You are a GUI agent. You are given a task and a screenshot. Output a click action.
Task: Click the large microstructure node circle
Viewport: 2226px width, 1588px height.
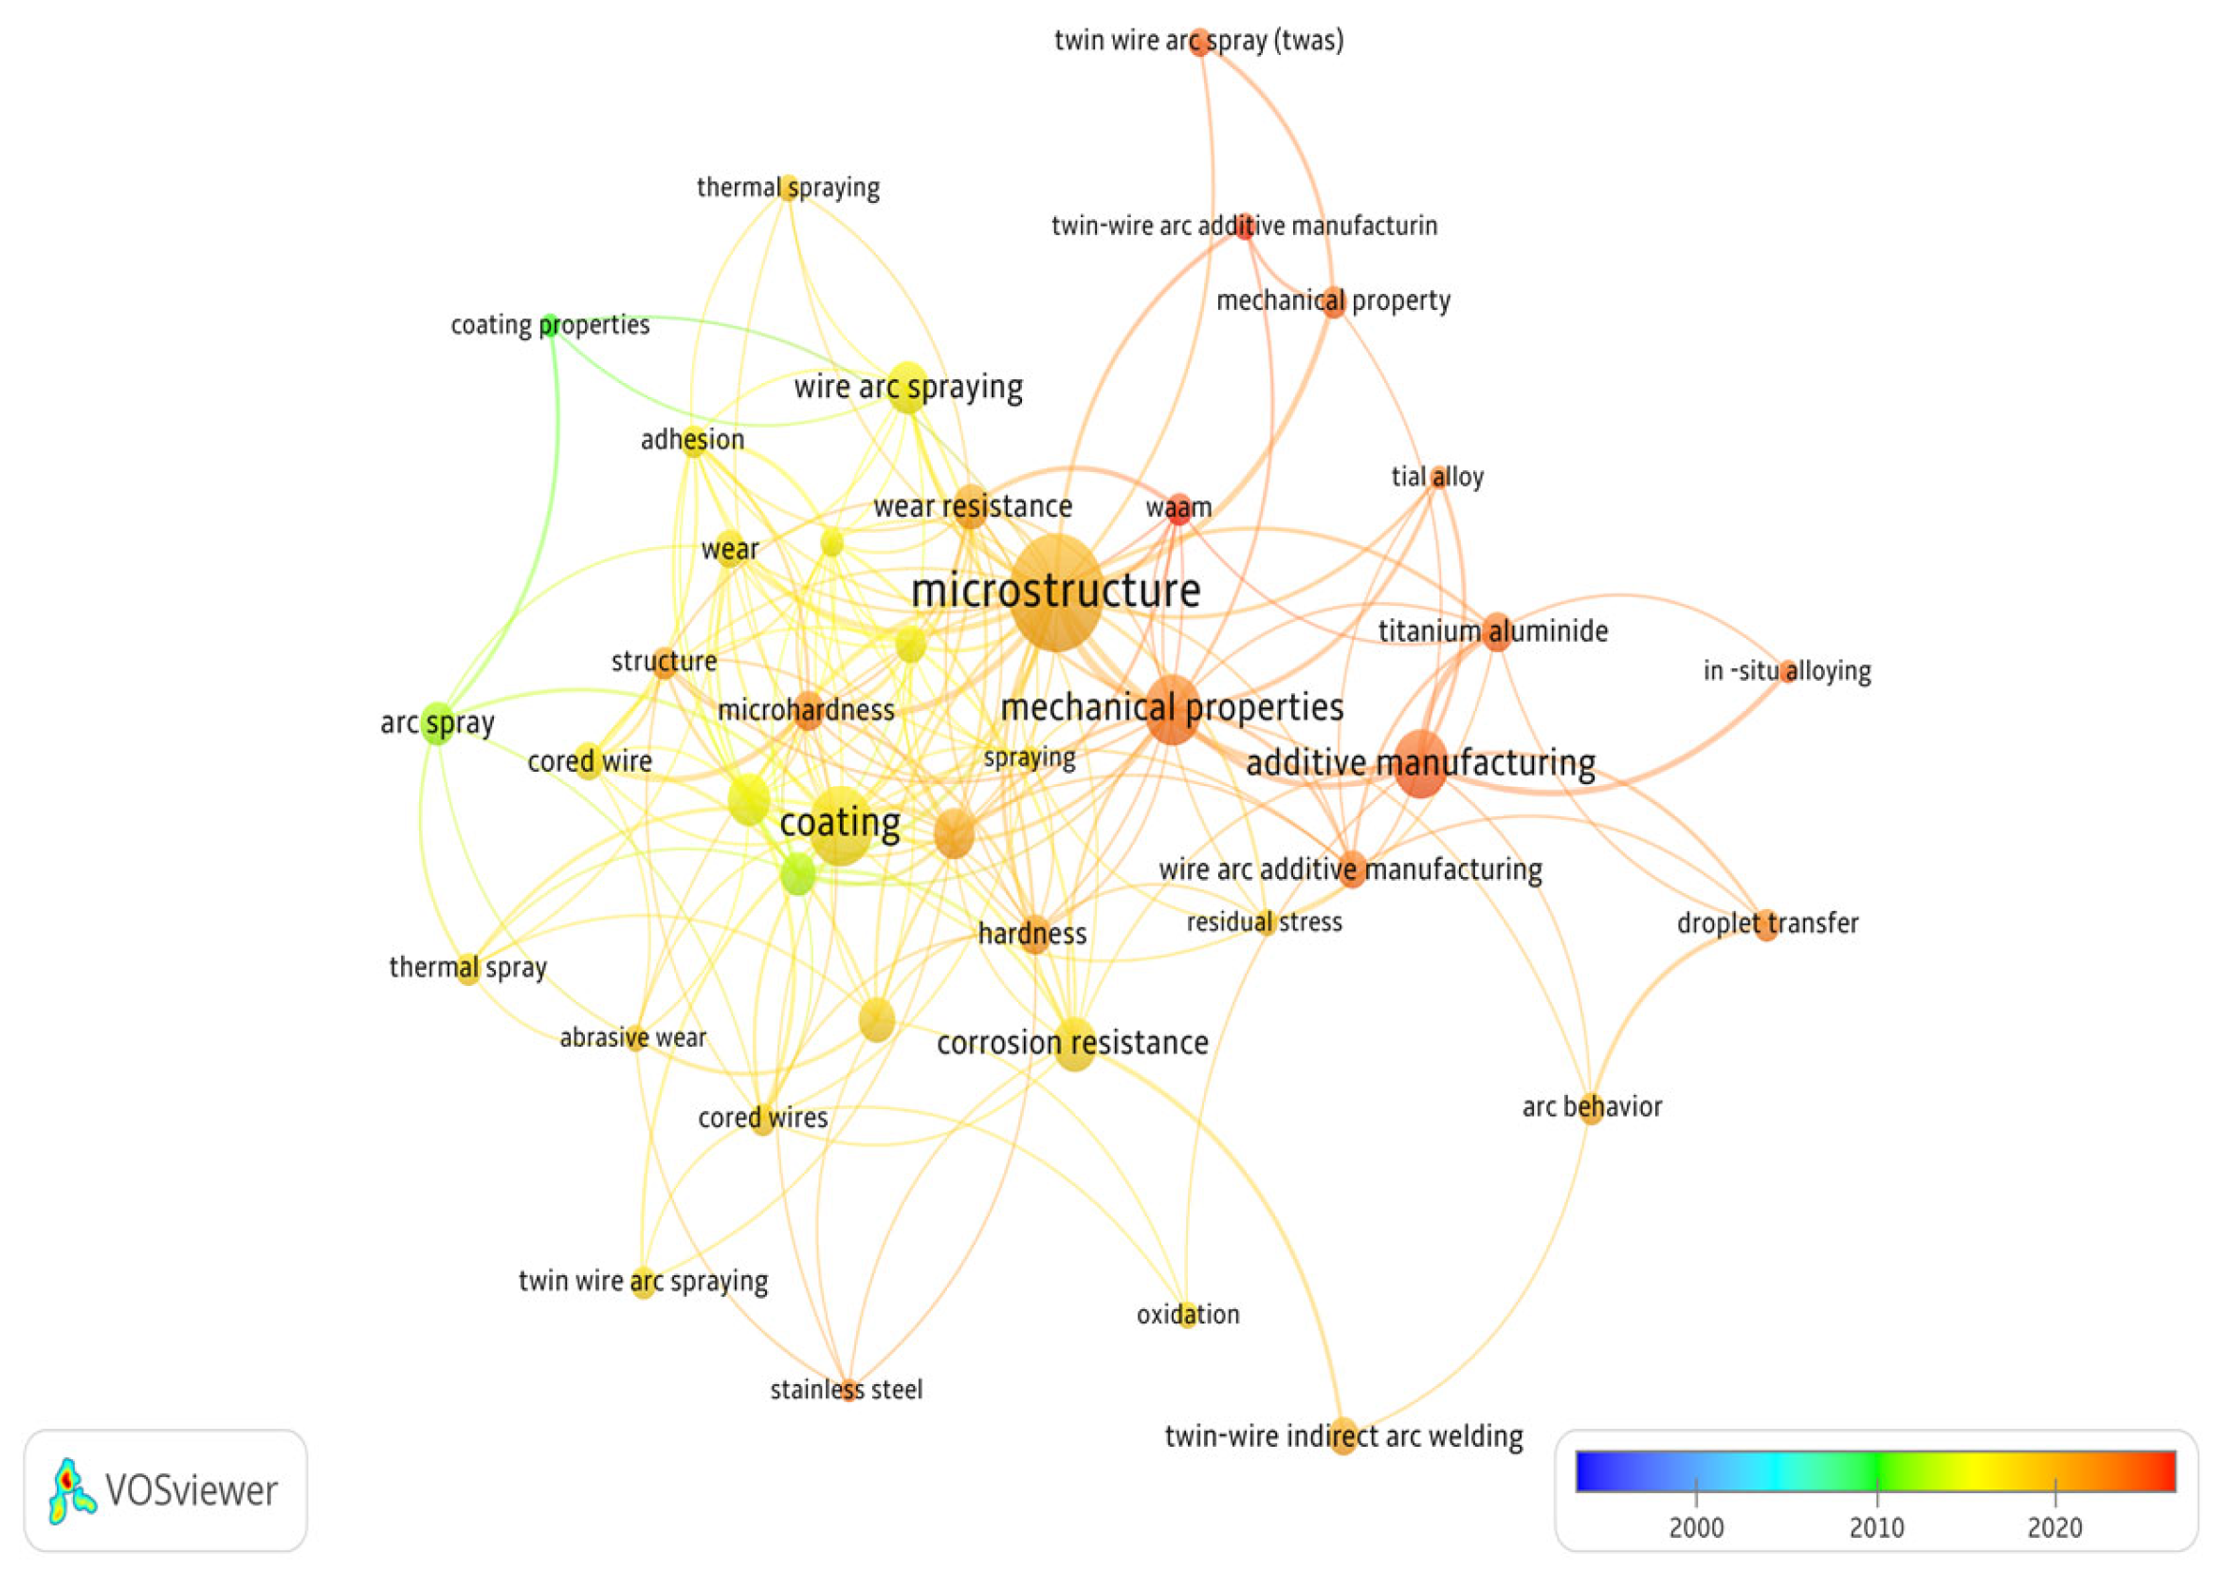coord(1056,593)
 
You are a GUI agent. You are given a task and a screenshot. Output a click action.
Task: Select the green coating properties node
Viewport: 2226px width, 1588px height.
coord(551,324)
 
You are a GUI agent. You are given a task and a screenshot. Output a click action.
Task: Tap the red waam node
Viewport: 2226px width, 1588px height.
coord(1180,507)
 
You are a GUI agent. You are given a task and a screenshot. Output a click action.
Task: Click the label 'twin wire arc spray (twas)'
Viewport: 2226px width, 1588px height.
coord(1198,41)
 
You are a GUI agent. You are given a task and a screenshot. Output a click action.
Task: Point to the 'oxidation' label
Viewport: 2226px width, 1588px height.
coord(1188,1314)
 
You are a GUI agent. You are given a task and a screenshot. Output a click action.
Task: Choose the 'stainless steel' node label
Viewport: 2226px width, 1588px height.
coord(847,1390)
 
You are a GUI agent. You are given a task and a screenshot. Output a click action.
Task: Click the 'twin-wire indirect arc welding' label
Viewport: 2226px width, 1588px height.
coord(1344,1436)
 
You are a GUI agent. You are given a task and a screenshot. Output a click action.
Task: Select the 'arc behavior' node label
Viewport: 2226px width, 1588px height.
coord(1592,1107)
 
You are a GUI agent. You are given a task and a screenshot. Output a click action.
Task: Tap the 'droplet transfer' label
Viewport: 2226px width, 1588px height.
coord(1767,923)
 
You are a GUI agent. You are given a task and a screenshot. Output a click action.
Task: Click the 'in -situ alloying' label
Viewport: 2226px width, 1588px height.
coord(1787,671)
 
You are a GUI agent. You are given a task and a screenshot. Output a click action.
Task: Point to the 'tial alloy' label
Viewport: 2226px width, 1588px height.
coord(1437,477)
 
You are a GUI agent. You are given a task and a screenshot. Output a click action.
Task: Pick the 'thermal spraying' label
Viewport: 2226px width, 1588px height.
coord(788,187)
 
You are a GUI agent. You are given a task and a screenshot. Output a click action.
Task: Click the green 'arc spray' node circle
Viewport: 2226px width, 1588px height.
coord(438,723)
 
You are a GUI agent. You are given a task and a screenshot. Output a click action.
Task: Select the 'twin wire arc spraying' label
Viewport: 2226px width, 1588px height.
coord(644,1281)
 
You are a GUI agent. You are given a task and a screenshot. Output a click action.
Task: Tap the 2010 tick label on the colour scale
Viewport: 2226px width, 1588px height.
coord(1876,1527)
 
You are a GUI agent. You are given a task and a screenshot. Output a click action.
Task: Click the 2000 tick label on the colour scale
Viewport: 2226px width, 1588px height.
coord(1696,1527)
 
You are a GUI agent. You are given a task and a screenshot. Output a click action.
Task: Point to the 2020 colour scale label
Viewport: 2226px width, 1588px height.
coord(2055,1527)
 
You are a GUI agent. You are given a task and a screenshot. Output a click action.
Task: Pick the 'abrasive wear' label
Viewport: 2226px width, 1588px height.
coord(632,1037)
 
